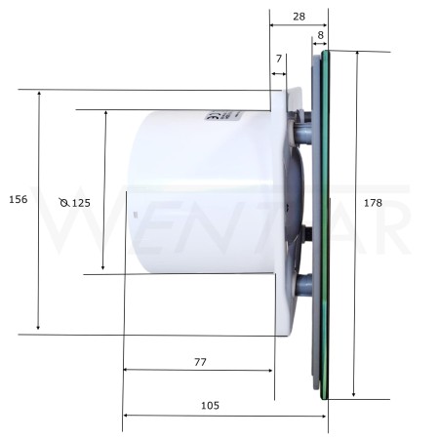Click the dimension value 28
(x=299, y=17)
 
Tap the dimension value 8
(x=321, y=35)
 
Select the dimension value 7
(x=279, y=59)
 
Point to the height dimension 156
(x=19, y=199)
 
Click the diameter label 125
(x=81, y=203)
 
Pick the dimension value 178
(x=373, y=203)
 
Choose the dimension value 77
(x=200, y=362)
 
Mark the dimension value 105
(x=210, y=406)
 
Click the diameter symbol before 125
(x=64, y=203)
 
